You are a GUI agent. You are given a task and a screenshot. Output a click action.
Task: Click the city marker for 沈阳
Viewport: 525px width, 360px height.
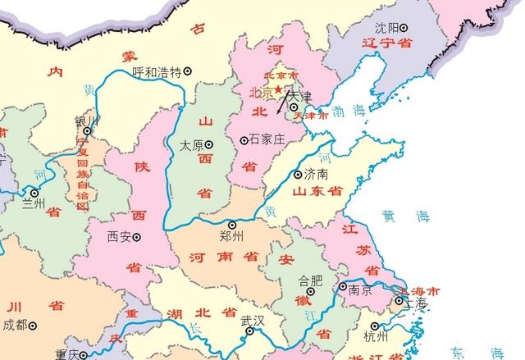404,27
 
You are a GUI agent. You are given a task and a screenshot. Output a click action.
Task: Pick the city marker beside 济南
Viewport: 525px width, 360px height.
297,174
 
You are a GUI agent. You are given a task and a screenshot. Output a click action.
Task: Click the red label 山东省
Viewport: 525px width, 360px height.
316,191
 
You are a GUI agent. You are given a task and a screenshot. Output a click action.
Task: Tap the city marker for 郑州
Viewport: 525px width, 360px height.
231,224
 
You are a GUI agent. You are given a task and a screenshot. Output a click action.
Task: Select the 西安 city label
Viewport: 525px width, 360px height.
118,237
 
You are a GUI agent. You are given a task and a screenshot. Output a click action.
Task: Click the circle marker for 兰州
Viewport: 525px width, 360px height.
34,194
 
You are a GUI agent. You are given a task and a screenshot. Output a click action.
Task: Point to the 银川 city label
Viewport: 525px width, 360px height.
86,121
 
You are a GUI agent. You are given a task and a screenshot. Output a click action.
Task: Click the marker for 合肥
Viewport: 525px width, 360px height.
310,290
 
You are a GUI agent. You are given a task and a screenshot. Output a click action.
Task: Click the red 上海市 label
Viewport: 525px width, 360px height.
417,291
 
